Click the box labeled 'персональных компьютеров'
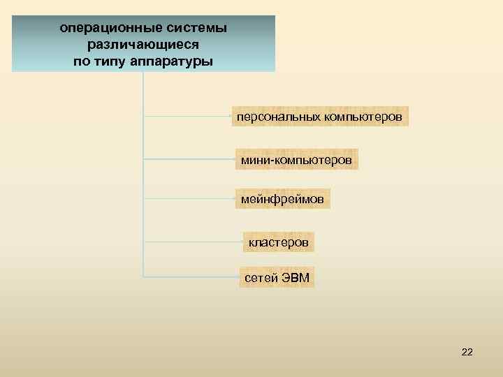coord(320,116)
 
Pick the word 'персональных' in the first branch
coord(279,116)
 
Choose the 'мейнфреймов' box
coord(282,200)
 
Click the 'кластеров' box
coord(279,242)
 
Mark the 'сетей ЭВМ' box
coord(277,277)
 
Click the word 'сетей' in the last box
coord(261,277)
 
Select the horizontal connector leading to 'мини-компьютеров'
coord(189,158)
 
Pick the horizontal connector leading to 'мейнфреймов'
coord(189,198)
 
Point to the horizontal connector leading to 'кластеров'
coord(193,242)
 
